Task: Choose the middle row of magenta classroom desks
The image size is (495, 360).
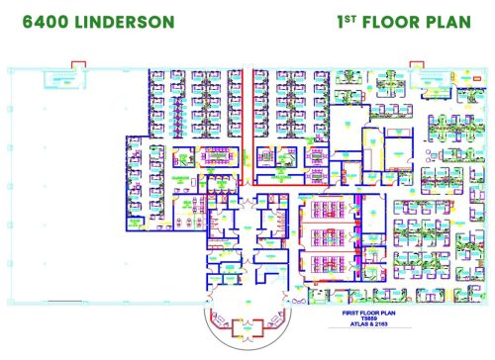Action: tap(328, 235)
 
